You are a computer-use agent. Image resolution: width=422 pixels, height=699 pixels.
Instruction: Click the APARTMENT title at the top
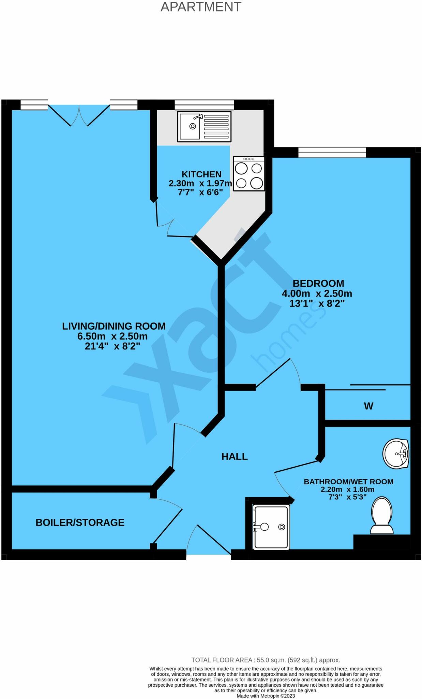pos(201,7)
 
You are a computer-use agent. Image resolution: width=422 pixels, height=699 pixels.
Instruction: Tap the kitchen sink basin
pos(190,126)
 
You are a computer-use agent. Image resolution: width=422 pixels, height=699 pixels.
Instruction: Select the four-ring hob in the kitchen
pos(249,174)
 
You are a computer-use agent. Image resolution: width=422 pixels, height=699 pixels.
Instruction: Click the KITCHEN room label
pos(201,174)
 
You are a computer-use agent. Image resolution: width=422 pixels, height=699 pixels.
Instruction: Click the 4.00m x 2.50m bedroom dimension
pos(317,294)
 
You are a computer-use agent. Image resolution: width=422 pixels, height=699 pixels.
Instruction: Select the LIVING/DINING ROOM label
pos(114,326)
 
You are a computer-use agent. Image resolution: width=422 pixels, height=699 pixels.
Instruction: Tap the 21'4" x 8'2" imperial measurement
pos(112,346)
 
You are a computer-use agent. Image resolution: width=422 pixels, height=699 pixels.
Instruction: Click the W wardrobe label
pos(368,406)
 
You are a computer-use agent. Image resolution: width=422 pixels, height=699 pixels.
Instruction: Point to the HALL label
pos(235,457)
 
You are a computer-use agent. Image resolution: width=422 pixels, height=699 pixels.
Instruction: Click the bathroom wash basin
pos(395,454)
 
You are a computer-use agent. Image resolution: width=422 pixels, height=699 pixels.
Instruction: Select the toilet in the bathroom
pos(382,516)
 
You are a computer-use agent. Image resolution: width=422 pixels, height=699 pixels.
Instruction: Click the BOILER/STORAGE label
pos(80,523)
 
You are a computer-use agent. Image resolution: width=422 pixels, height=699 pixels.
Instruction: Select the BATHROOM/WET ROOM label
pos(348,482)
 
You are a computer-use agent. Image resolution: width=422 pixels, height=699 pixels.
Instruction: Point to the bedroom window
pos(332,152)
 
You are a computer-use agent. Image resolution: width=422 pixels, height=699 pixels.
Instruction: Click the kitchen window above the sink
pos(204,104)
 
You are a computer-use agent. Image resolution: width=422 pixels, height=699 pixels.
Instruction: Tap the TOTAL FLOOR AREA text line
pos(266,660)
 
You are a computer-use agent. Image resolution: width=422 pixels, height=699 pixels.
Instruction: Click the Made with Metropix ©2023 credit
pos(266,696)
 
